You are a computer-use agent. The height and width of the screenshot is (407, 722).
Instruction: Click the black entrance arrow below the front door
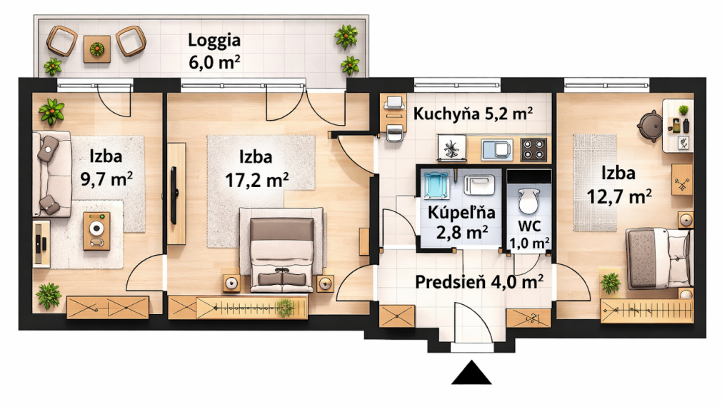click(471, 373)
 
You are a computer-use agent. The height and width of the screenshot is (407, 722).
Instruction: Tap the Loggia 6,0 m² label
click(214, 51)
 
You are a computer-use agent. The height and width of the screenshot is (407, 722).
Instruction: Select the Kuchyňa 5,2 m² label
click(473, 114)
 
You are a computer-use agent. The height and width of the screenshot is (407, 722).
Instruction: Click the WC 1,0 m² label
click(528, 235)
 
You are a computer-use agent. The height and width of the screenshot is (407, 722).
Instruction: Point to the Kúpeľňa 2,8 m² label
click(458, 221)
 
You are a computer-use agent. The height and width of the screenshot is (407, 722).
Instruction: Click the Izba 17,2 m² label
click(257, 168)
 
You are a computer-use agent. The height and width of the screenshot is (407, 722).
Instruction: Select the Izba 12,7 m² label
click(618, 184)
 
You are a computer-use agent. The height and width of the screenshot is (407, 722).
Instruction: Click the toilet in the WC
click(528, 201)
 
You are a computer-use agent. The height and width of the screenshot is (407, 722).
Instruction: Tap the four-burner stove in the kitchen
click(533, 149)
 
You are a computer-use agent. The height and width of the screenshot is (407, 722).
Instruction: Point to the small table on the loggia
click(96, 49)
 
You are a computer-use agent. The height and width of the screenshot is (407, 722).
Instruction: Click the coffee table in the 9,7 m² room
click(96, 231)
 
